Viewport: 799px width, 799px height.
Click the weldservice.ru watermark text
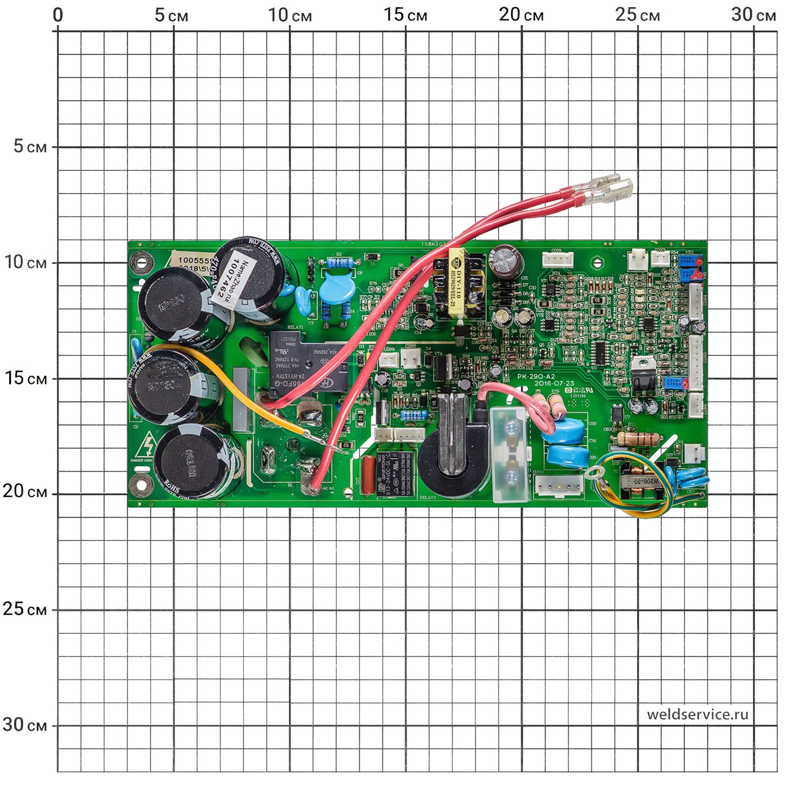click(x=697, y=714)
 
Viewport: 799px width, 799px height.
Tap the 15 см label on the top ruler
click(x=405, y=15)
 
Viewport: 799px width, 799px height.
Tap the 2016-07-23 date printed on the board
click(x=554, y=384)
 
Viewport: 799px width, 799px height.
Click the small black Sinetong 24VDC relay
click(x=395, y=474)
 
